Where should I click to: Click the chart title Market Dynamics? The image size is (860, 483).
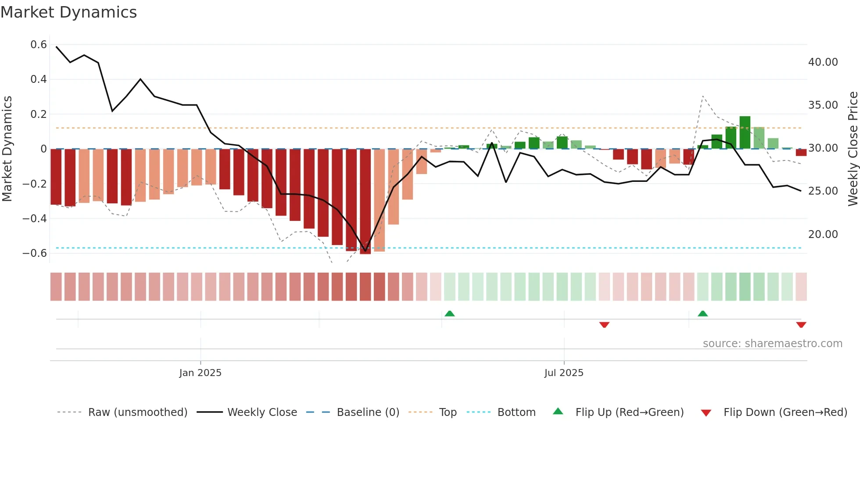coord(69,12)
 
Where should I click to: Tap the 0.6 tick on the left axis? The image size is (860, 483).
coord(39,45)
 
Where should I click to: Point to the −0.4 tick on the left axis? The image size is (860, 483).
coord(35,218)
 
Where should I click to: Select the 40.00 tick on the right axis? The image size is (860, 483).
coord(823,62)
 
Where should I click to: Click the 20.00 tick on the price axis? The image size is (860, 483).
coord(823,234)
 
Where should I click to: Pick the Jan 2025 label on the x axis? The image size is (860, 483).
coord(200,373)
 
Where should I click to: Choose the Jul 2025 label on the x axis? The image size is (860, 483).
coord(564,373)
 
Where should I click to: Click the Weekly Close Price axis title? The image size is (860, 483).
coord(853,149)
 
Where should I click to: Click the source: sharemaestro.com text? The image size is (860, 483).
coord(772,344)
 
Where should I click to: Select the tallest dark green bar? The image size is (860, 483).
coord(745,132)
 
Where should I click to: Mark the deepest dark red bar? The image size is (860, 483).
coord(365,202)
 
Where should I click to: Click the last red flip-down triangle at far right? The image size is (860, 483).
coord(801,325)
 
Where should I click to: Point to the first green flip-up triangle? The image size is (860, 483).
coord(449,313)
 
